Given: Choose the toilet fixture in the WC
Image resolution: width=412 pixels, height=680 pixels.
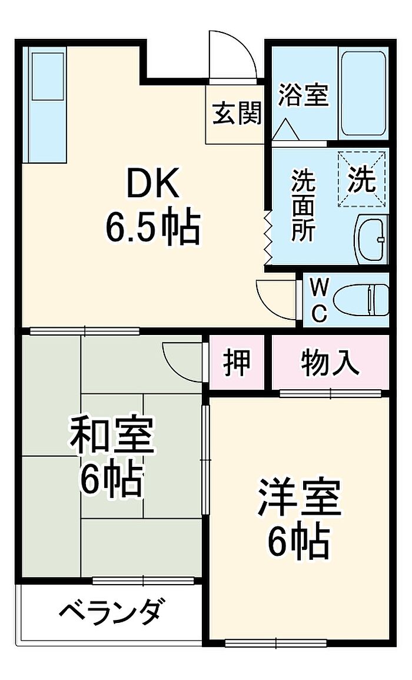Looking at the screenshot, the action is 361,300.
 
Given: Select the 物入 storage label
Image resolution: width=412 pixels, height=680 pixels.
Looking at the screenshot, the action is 330,362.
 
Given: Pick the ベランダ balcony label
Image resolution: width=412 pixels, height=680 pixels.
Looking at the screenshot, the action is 112,612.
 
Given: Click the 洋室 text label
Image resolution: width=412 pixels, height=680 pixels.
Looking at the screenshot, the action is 298,497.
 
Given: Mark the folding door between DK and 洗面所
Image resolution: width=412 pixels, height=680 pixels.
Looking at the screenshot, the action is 268,238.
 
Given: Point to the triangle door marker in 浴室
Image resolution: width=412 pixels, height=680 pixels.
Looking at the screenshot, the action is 287,129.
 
